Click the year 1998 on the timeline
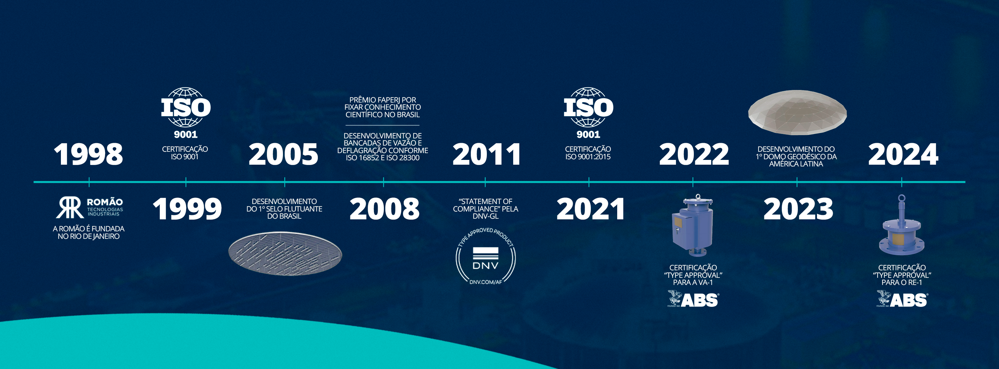(x=88, y=154)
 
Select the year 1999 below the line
(x=187, y=209)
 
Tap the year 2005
(x=284, y=154)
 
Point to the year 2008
(x=384, y=209)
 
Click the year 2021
(x=590, y=209)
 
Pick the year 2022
(x=694, y=154)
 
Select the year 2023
(x=798, y=209)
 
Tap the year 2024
(x=903, y=154)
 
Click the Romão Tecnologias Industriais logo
(x=90, y=207)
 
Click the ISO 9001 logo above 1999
(x=186, y=113)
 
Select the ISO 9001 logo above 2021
(x=588, y=113)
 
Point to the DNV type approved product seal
(x=485, y=256)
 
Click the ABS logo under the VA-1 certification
(x=693, y=299)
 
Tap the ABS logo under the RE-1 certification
(x=901, y=299)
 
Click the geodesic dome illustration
(x=797, y=112)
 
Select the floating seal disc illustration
(x=285, y=254)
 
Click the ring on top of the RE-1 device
(x=901, y=199)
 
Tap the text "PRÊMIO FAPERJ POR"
(x=382, y=100)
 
